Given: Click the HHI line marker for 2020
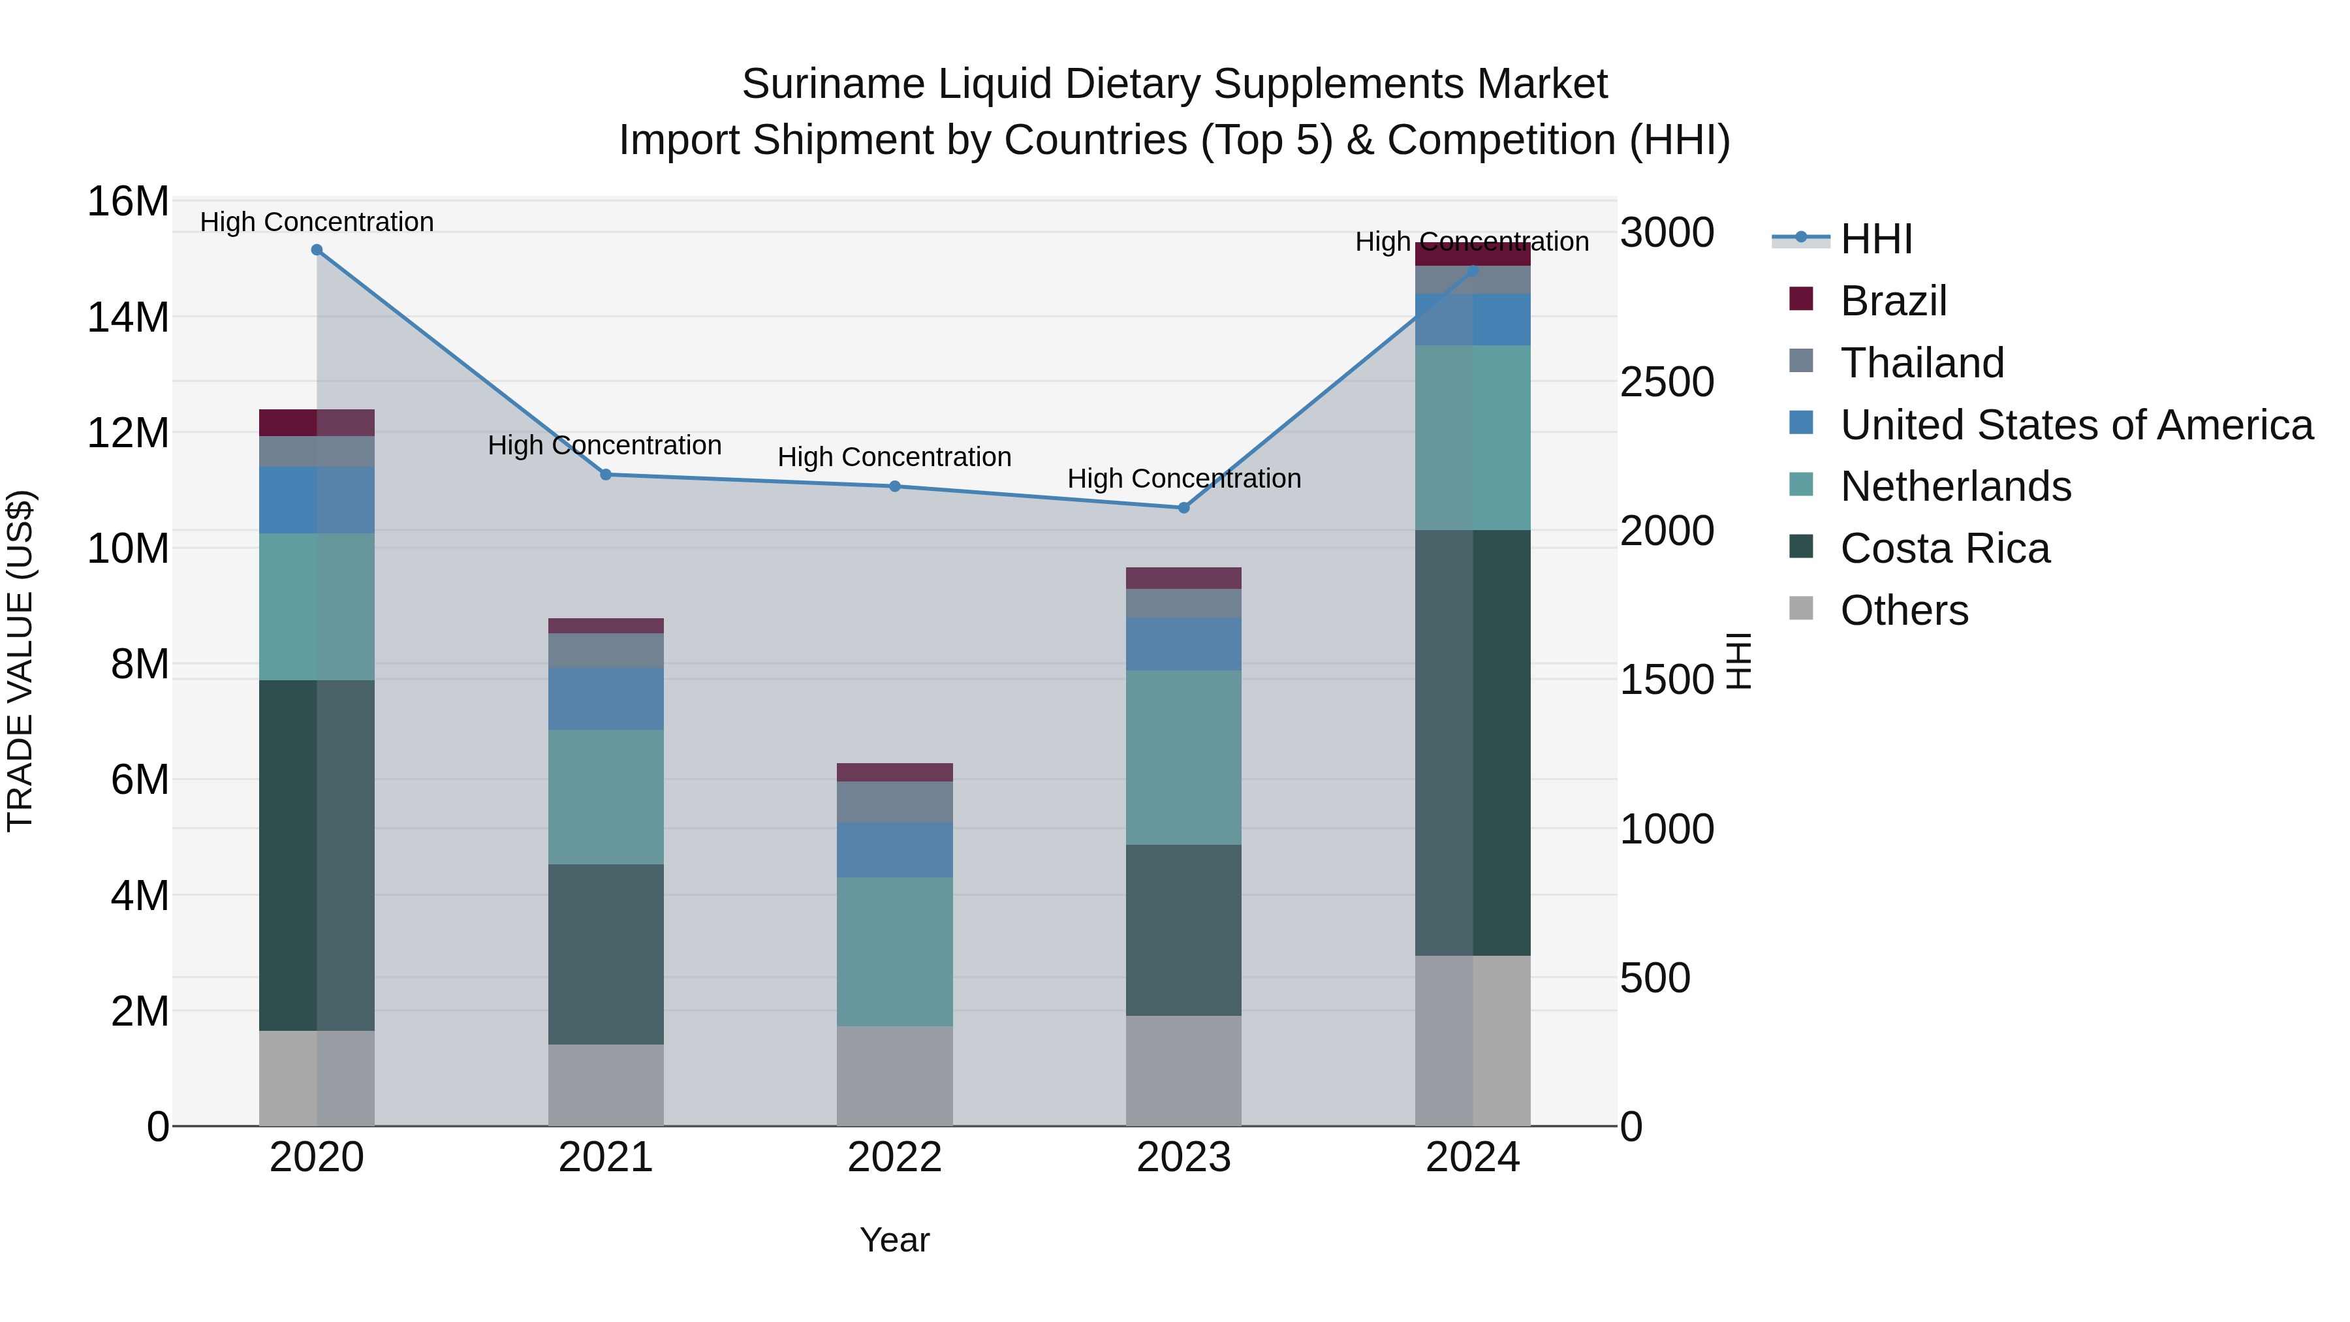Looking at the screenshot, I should [x=317, y=250].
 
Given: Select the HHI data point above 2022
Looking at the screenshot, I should [x=895, y=486].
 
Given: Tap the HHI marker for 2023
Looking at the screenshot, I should [x=1184, y=508].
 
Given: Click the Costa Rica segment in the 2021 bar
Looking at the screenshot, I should [x=606, y=954].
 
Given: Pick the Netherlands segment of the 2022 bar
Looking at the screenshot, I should [x=895, y=952].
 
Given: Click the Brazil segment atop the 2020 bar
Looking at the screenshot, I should [x=317, y=422].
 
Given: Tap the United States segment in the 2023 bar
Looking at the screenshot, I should [x=1183, y=644].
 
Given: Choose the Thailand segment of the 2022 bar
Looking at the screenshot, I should [x=895, y=802].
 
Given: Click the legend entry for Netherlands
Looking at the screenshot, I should [x=1955, y=486].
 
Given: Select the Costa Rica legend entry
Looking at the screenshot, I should [x=1944, y=548].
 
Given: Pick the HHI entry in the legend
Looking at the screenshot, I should [x=1875, y=239].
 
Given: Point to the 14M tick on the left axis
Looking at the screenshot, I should [x=128, y=317].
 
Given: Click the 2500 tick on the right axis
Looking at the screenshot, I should [x=1667, y=383].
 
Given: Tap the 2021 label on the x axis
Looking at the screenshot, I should [x=606, y=1157].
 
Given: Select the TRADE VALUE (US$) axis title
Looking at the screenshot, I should [x=20, y=661].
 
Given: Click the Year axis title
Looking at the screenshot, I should [x=894, y=1240].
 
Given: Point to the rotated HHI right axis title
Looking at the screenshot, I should [x=1740, y=661].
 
